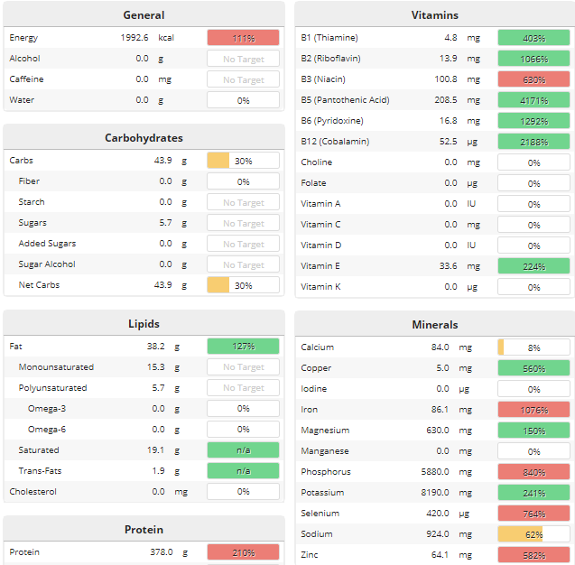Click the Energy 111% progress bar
coord(243,38)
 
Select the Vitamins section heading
coord(434,14)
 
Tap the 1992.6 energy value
coord(134,38)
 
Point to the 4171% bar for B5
coord(533,100)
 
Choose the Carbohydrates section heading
coord(144,138)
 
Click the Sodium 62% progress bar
coord(533,534)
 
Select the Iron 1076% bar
coord(533,410)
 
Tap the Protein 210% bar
coord(243,552)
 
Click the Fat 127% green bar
coord(243,347)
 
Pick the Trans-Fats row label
coord(39,471)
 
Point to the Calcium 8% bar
coord(533,347)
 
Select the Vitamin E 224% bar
coord(533,266)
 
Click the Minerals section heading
coord(434,324)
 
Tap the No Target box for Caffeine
coord(243,79)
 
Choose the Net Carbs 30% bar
coord(243,285)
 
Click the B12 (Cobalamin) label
coord(335,142)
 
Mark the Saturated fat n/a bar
coord(243,450)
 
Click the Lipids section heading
coord(144,323)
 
